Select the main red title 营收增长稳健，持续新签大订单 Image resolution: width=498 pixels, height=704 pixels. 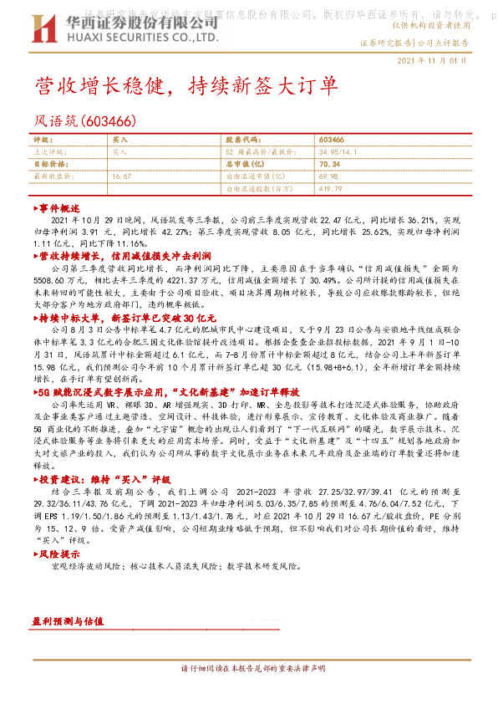185,86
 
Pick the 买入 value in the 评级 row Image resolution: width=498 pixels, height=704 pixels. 119,140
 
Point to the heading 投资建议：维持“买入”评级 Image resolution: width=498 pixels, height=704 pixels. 97,480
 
